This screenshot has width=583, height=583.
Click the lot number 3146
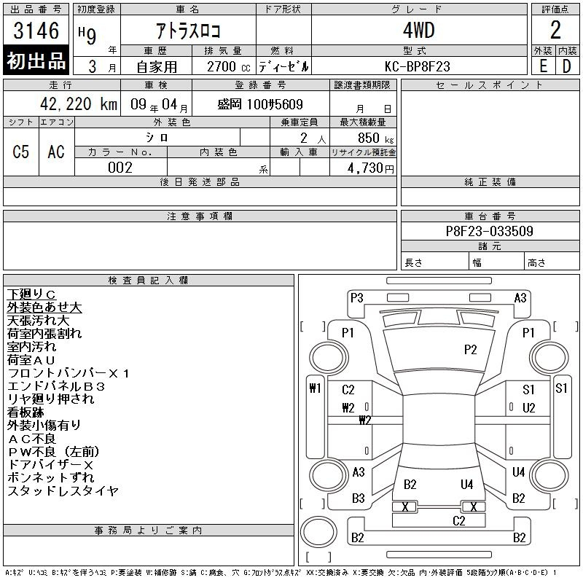pyautogui.click(x=36, y=30)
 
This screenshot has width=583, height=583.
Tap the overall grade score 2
pyautogui.click(x=555, y=30)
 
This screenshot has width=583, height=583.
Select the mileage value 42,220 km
pyautogui.click(x=79, y=103)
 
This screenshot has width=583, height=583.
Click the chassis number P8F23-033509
pyautogui.click(x=489, y=231)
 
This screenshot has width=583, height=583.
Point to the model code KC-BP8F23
pyautogui.click(x=418, y=66)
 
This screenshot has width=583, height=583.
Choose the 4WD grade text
pyautogui.click(x=418, y=30)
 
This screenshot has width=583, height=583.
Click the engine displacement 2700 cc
pyautogui.click(x=228, y=66)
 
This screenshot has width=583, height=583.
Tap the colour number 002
pyautogui.click(x=120, y=168)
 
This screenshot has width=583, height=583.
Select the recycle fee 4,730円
pyautogui.click(x=371, y=168)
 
